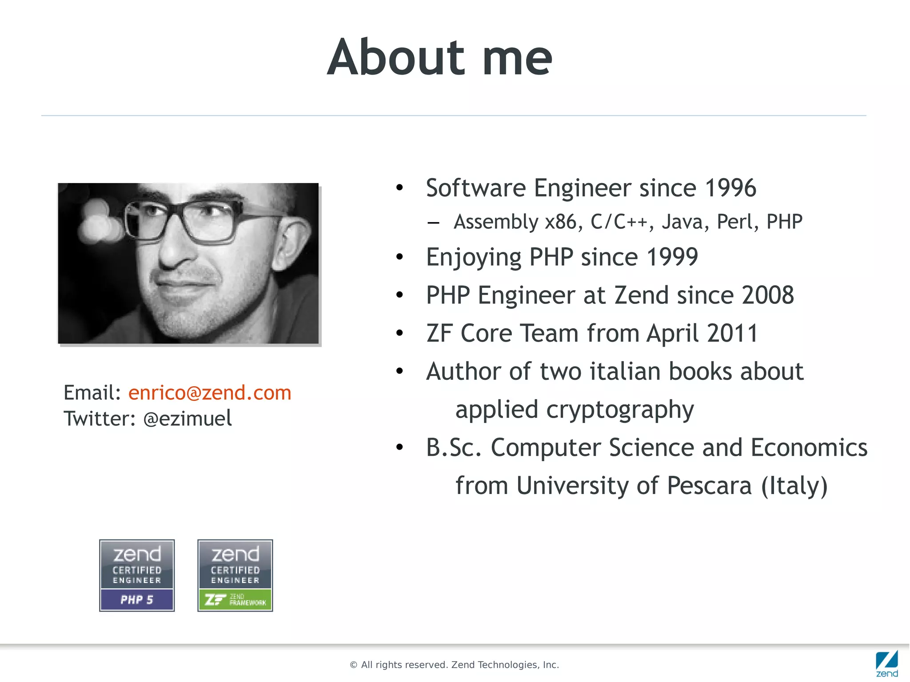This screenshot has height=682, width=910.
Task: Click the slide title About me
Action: (439, 58)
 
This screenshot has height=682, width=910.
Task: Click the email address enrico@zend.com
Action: (210, 393)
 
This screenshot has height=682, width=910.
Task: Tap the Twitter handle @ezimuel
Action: (188, 419)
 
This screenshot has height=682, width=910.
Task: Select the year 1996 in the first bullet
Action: (730, 188)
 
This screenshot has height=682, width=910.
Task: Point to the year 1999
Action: (672, 257)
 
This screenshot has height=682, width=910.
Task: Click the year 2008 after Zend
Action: (767, 295)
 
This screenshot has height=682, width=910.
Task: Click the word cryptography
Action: (620, 410)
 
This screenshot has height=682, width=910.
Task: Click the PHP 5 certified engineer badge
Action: (137, 575)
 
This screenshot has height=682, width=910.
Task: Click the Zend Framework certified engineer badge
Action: (235, 575)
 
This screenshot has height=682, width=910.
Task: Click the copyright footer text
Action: (454, 665)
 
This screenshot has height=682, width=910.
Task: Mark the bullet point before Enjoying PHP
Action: (399, 257)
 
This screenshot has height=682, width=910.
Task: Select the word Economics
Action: (809, 447)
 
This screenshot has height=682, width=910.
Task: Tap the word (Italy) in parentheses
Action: (794, 486)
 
